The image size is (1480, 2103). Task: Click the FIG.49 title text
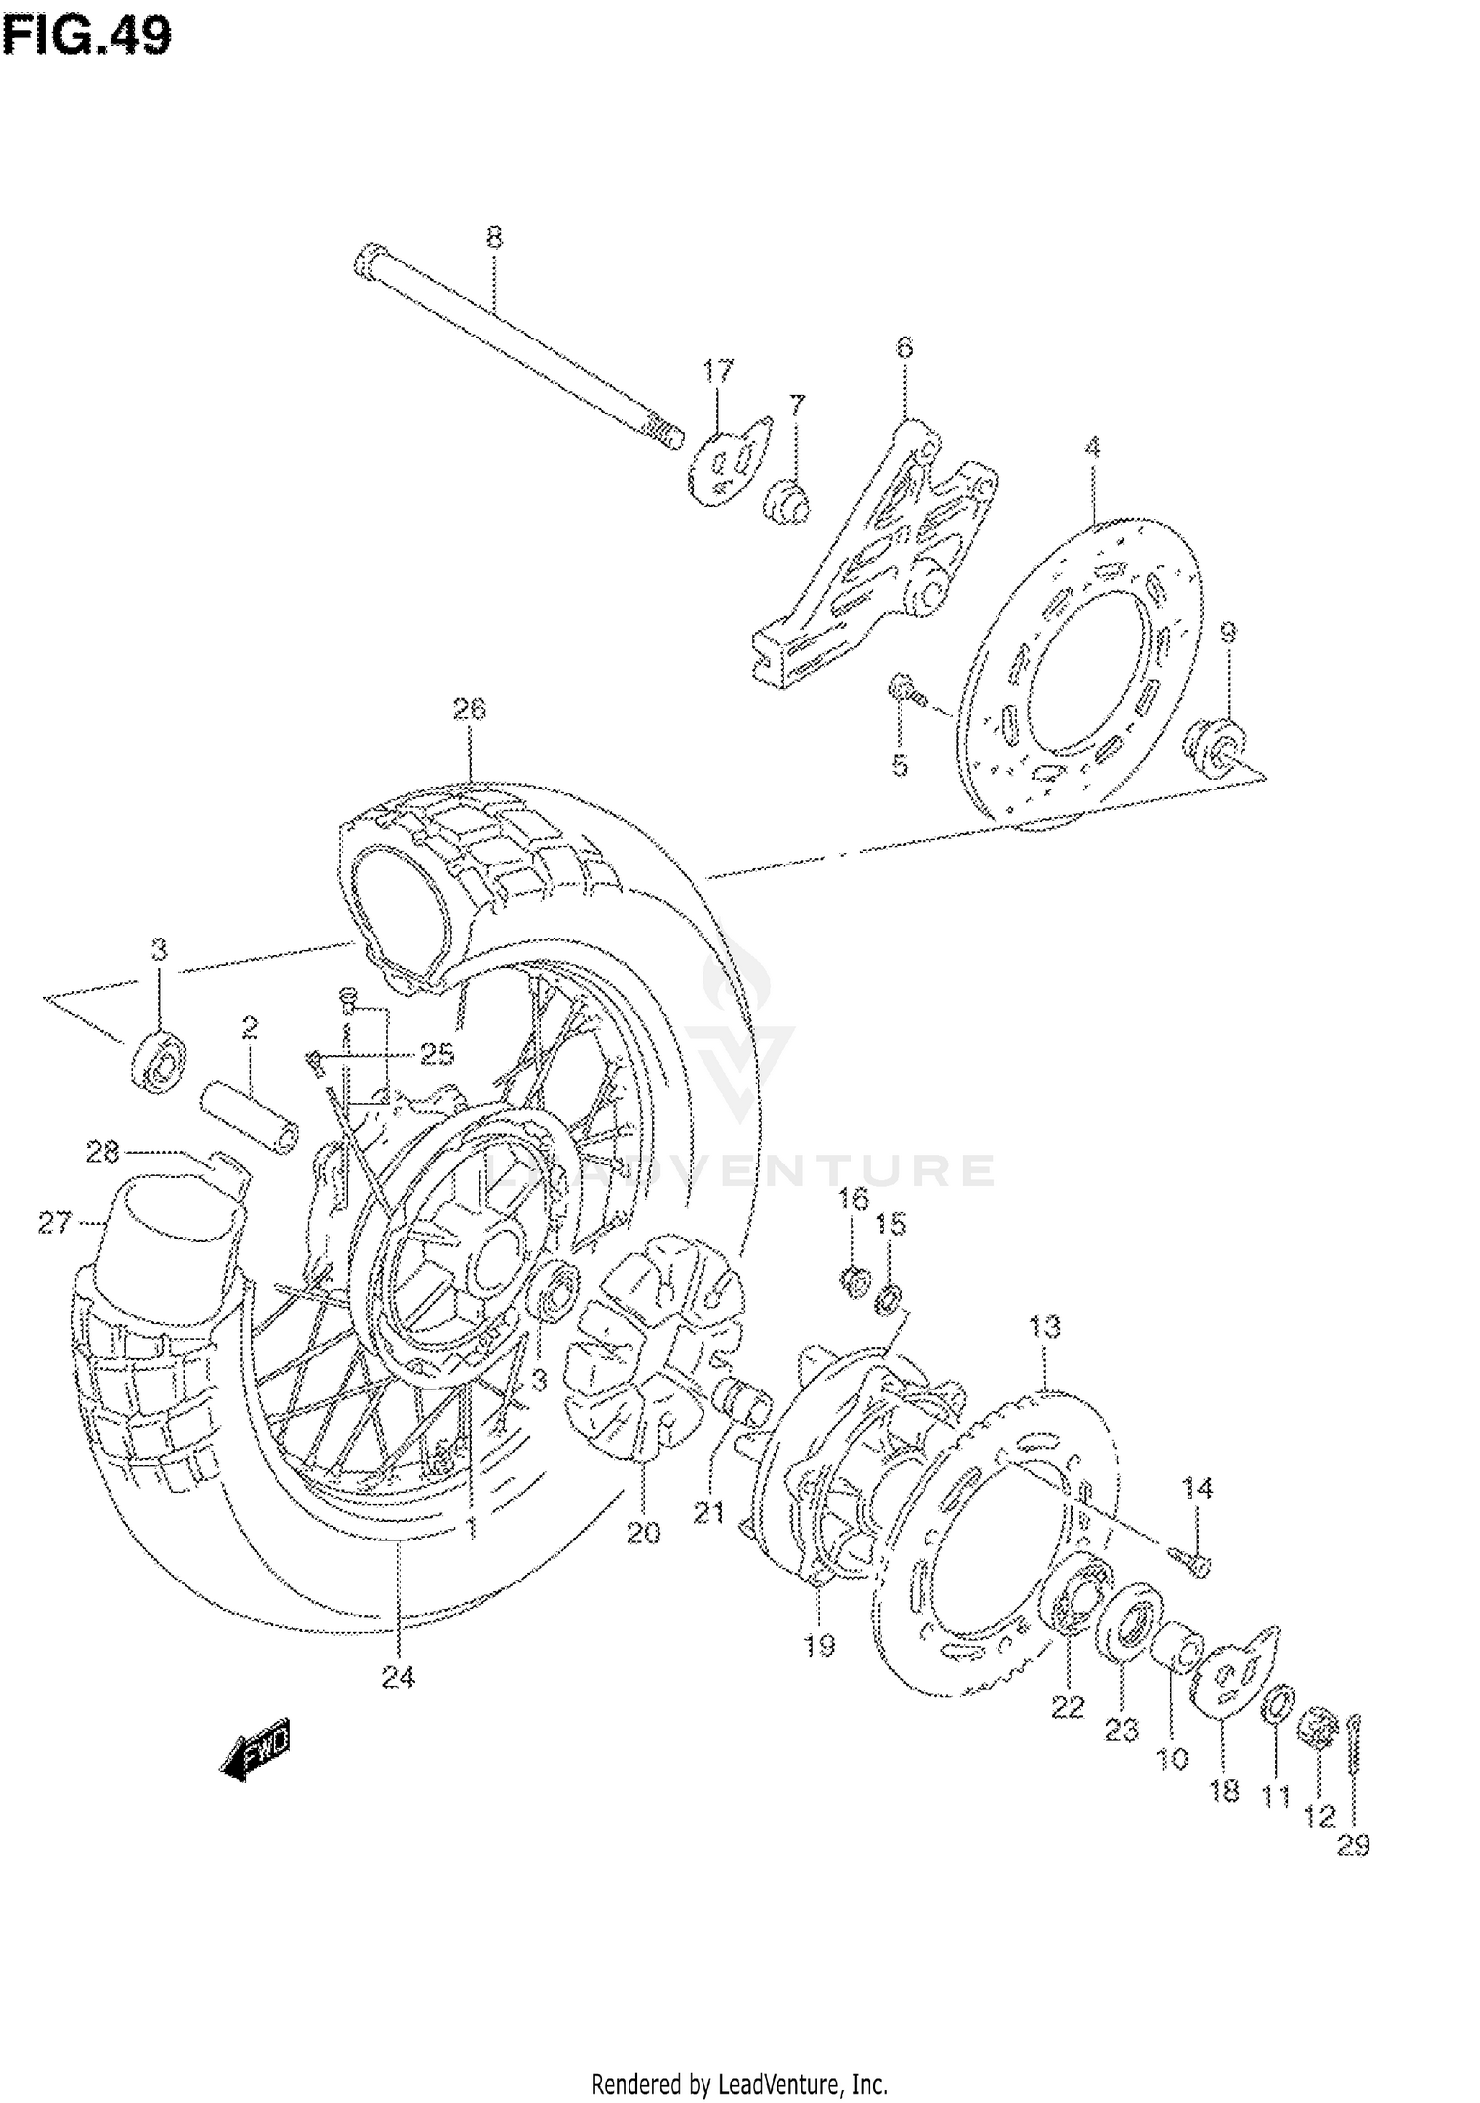87,37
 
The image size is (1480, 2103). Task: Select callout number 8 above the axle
494,237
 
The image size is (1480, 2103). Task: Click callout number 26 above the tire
470,709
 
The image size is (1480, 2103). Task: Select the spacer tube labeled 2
250,1113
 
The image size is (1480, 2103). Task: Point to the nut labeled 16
853,1280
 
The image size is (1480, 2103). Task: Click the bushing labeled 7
786,499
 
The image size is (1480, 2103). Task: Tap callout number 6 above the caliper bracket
904,347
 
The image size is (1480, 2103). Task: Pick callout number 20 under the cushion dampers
643,1533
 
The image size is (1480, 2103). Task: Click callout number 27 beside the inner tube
55,1223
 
